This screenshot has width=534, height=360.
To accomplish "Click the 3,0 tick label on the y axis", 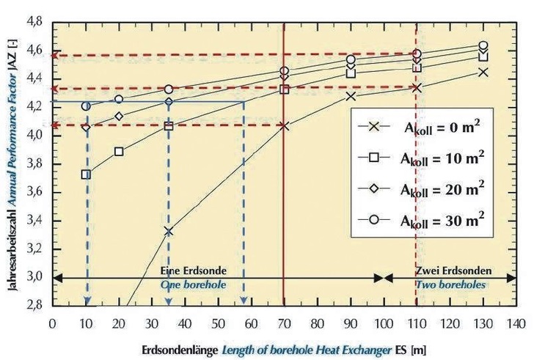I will click(35, 277).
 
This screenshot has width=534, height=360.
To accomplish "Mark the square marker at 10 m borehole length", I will click(86, 175).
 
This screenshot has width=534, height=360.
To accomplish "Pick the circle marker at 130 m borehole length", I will click(483, 45).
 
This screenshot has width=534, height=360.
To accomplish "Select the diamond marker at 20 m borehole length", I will click(119, 116).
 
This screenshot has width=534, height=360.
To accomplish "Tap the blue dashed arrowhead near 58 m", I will click(244, 300).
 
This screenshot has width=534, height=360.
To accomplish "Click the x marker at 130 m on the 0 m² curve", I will click(483, 72).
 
